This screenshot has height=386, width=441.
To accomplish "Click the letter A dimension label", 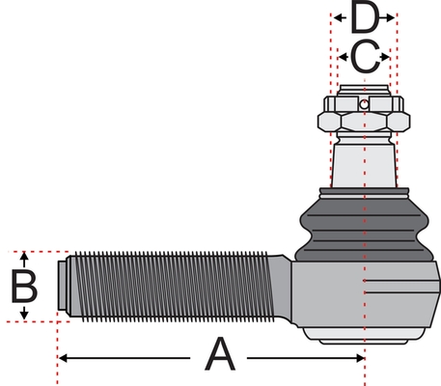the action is [x=220, y=353].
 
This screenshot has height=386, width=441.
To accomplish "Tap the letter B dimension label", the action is [x=24, y=287].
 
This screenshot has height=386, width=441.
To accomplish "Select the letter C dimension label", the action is [x=365, y=57].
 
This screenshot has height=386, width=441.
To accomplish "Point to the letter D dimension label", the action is [x=365, y=16].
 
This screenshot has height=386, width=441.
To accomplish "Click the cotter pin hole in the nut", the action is [x=364, y=104].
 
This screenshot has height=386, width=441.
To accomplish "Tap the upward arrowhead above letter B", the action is [x=24, y=256].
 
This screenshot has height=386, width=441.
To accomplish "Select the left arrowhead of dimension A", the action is [x=63, y=358].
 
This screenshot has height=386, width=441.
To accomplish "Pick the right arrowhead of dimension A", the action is [x=360, y=358].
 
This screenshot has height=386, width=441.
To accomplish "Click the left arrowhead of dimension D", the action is [x=338, y=17].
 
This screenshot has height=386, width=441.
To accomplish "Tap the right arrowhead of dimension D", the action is [x=390, y=17].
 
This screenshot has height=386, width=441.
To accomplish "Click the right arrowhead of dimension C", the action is [x=385, y=57].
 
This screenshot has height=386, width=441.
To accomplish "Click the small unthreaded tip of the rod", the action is [x=63, y=286].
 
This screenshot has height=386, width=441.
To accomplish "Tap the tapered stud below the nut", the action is [x=364, y=166].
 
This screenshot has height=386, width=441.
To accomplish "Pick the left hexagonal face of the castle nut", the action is [x=329, y=122].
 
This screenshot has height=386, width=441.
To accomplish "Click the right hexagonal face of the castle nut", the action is [x=399, y=122].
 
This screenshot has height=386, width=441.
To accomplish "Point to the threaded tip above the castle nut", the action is [x=364, y=90].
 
